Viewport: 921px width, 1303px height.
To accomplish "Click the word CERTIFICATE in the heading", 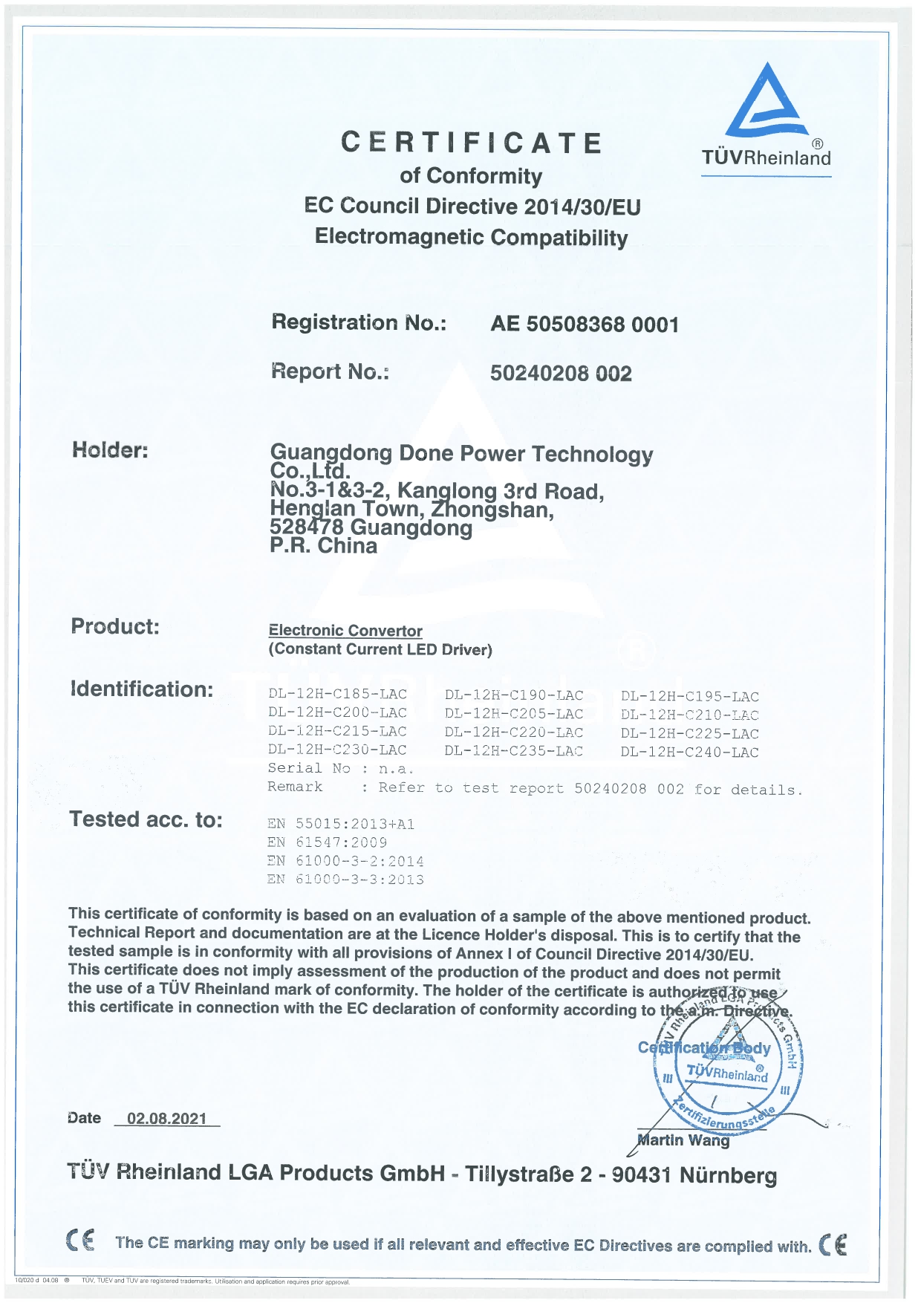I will pyautogui.click(x=471, y=143).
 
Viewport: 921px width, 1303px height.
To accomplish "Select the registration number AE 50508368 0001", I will pyautogui.click(x=585, y=325).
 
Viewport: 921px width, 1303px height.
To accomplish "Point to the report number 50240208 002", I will pyautogui.click(x=561, y=373).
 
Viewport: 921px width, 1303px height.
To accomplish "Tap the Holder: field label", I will pyautogui.click(x=110, y=449).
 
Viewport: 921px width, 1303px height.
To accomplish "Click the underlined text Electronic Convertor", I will pyautogui.click(x=345, y=631).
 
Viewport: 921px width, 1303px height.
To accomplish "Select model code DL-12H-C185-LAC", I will pyautogui.click(x=337, y=695).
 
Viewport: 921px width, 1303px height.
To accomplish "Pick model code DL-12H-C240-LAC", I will pyautogui.click(x=690, y=752).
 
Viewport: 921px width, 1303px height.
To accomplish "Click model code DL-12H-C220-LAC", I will pyautogui.click(x=514, y=732).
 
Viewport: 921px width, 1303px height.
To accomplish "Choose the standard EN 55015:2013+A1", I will pyautogui.click(x=341, y=824).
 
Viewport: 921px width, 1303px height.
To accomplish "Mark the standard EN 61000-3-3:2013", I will pyautogui.click(x=345, y=880).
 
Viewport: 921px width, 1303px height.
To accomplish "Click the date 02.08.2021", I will pyautogui.click(x=167, y=1119).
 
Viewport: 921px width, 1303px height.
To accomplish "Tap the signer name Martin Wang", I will pyautogui.click(x=684, y=1140).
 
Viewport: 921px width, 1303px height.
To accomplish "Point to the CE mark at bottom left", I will pyautogui.click(x=80, y=1241).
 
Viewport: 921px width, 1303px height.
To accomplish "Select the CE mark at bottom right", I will pyautogui.click(x=833, y=1244).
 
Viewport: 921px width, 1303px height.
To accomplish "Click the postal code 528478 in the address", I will pyautogui.click(x=307, y=527).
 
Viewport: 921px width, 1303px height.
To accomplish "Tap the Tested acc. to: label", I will pyautogui.click(x=146, y=819).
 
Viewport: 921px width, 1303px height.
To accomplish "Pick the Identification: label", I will pyautogui.click(x=142, y=689).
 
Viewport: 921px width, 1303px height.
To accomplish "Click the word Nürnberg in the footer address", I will pyautogui.click(x=728, y=1176).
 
